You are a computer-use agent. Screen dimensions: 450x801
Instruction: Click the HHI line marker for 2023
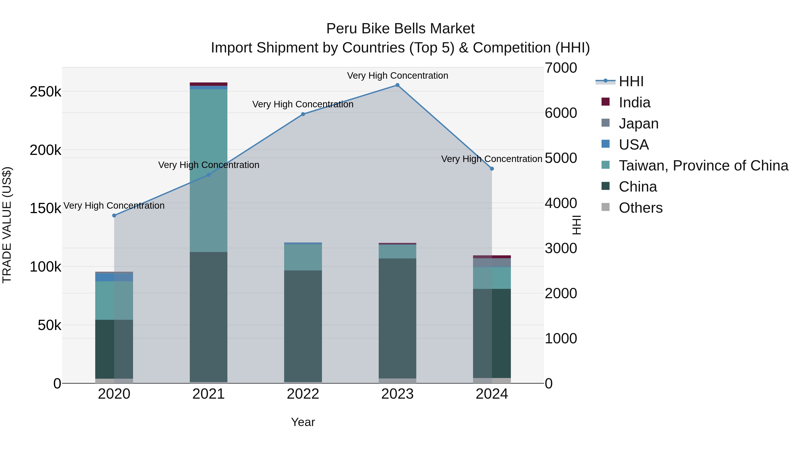(x=397, y=85)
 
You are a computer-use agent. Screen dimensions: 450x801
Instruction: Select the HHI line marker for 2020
(x=114, y=216)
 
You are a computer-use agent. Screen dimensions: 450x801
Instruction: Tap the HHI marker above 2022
(x=303, y=114)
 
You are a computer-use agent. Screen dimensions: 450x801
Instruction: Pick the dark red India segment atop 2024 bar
(x=492, y=257)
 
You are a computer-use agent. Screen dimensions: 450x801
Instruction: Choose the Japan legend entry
(x=638, y=124)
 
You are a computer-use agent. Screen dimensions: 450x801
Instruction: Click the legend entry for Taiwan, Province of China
(x=703, y=166)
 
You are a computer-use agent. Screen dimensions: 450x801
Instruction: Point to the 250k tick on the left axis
(x=45, y=92)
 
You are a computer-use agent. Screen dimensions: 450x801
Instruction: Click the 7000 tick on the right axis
(x=561, y=68)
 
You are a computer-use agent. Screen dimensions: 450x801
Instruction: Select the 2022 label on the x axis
(x=303, y=394)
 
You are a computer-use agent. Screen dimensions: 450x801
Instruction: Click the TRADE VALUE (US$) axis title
(x=7, y=225)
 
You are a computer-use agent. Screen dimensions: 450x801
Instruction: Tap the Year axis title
(x=303, y=422)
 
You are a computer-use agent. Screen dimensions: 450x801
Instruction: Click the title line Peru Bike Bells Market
(x=400, y=29)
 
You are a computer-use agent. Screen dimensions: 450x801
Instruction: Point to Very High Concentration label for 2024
(x=492, y=159)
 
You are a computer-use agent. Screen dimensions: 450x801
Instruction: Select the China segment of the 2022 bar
(x=303, y=326)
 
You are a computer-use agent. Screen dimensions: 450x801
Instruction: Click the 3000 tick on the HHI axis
(x=561, y=248)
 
